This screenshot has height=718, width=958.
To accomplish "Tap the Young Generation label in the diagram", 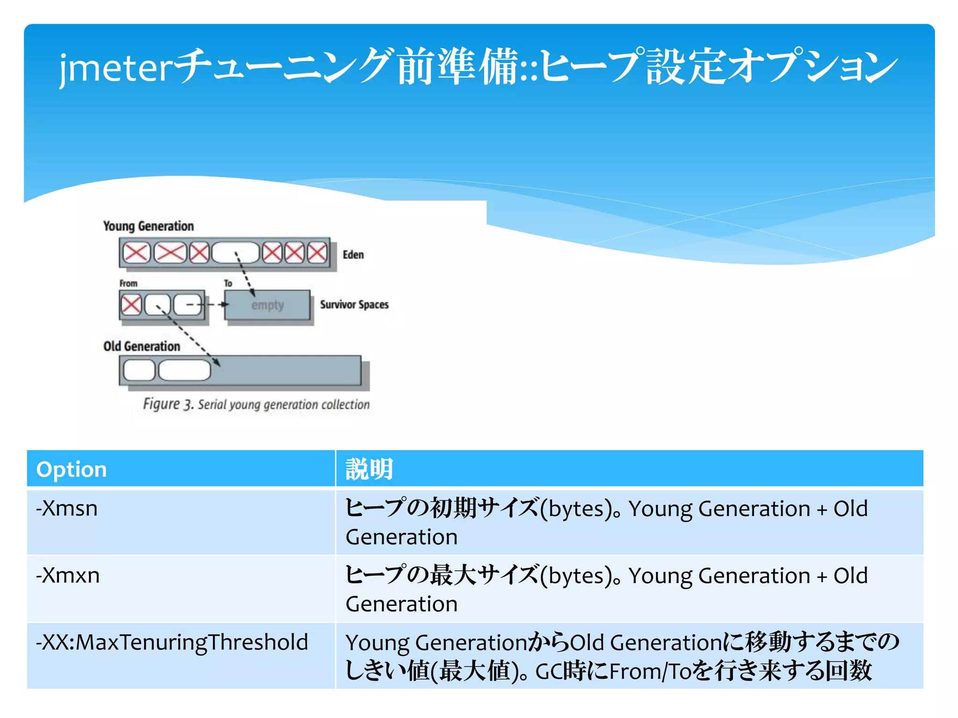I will click(x=148, y=226).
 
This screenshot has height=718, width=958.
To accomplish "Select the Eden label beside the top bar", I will click(x=353, y=255).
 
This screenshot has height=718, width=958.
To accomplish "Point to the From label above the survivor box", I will click(x=128, y=283).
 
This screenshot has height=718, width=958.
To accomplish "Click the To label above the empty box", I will click(x=228, y=283).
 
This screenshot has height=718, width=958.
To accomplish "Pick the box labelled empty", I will click(x=267, y=305).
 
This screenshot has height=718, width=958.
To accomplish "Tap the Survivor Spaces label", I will click(x=354, y=305).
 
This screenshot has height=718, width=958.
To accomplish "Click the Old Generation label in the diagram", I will click(x=142, y=346).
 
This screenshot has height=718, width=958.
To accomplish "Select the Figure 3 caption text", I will click(x=256, y=404).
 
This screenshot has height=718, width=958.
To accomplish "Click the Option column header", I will click(x=72, y=469).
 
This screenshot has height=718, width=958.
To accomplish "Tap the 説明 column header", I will click(x=369, y=469).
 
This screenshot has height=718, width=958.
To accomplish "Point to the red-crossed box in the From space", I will click(x=131, y=305).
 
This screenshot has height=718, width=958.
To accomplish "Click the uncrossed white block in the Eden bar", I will click(x=235, y=253).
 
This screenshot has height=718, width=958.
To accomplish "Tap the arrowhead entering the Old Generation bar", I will click(x=218, y=362).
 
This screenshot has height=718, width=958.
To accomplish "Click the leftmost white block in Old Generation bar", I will click(x=139, y=371).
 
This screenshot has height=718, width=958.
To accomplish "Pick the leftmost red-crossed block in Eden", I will click(x=136, y=253).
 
